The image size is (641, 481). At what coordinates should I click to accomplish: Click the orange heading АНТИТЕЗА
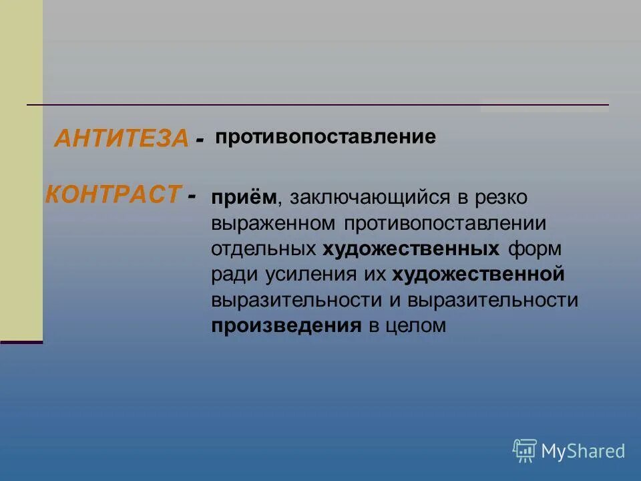tap(121, 138)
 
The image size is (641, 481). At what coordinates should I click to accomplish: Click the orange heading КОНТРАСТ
tap(113, 194)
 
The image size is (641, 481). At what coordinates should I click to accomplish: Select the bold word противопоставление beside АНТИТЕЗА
tap(325, 138)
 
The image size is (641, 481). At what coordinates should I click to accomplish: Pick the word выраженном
tap(274, 224)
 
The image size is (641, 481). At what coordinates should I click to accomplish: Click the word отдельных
tap(263, 249)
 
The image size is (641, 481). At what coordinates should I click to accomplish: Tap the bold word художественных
tap(411, 249)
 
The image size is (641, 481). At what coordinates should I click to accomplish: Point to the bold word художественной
tap(479, 275)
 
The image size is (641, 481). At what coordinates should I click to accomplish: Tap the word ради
tap(232, 275)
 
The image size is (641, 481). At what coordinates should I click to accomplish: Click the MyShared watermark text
tap(583, 451)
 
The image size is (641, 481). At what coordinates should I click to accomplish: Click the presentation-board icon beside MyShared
tap(525, 451)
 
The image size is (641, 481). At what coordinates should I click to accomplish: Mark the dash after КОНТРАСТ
tap(192, 196)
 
